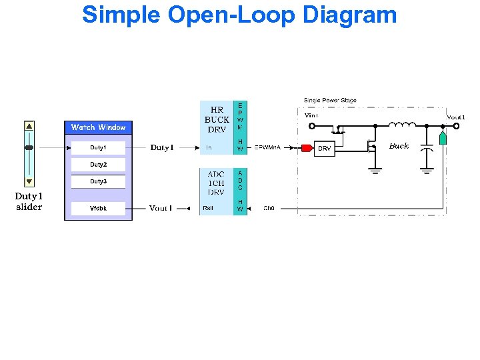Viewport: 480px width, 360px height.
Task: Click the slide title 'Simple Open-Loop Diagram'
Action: coord(239,14)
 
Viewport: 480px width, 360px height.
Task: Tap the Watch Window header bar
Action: coord(98,127)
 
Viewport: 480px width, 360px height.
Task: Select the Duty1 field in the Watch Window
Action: coord(98,147)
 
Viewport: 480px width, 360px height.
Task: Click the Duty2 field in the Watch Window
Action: coord(98,165)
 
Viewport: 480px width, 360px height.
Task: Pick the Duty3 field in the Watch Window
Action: coord(98,181)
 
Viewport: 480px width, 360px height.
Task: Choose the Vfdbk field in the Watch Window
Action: coord(98,209)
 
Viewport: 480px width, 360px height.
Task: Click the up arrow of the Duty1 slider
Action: coord(29,126)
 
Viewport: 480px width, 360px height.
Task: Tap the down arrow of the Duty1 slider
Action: coord(29,181)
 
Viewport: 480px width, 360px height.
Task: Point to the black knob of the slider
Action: coord(29,147)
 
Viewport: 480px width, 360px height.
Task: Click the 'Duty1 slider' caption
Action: coord(29,201)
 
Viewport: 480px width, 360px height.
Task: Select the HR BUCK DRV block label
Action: coord(217,120)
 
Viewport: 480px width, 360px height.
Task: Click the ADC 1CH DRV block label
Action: coord(216,183)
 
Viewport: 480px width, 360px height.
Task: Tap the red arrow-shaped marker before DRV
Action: coord(307,147)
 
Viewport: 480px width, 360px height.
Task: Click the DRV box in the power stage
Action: coord(324,148)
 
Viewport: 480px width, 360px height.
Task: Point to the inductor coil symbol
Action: coord(402,124)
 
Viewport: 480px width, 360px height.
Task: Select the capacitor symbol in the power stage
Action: coord(427,151)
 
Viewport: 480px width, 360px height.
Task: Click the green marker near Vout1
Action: coord(443,139)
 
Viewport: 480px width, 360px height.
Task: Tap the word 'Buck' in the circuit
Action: coord(399,146)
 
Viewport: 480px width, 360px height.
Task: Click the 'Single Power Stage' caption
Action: coord(330,101)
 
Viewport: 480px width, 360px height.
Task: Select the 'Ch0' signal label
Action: coord(269,209)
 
